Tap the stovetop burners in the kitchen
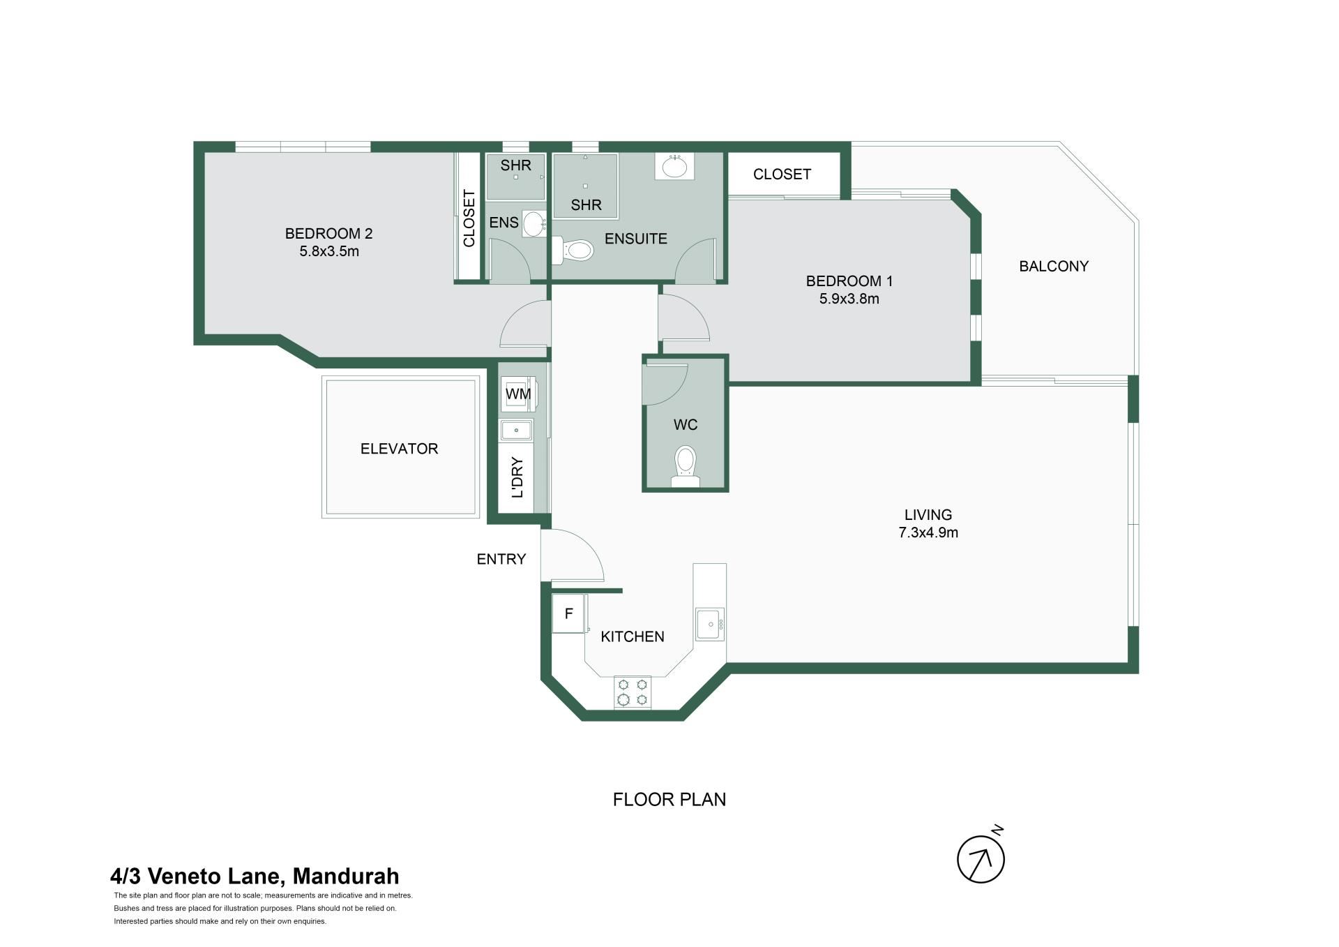pos(633,692)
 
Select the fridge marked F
pos(569,613)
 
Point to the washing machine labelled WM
pos(517,394)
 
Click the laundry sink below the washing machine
pos(516,430)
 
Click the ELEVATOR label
pos(399,449)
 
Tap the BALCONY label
pos(1054,266)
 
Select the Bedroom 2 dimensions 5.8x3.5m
pos(329,251)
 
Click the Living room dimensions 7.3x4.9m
pos(928,532)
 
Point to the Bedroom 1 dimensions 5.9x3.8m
pos(849,299)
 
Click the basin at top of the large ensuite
pos(674,167)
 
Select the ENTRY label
pos(501,559)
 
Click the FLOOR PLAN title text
pos(669,799)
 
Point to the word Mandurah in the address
pos(346,876)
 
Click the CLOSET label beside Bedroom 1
pos(782,174)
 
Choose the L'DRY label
pos(517,477)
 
